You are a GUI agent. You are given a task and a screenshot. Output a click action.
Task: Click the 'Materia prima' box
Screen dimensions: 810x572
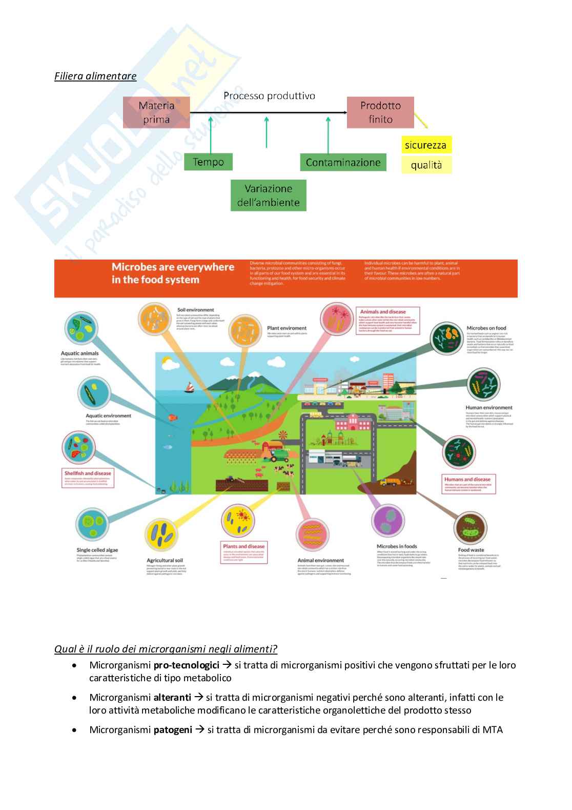[156, 112]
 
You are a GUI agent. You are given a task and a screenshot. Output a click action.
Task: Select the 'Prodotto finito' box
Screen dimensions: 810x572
[380, 112]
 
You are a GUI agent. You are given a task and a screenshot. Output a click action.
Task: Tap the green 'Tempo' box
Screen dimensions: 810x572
[208, 162]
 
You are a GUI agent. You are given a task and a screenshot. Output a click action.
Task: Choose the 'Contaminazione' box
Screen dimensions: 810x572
[343, 163]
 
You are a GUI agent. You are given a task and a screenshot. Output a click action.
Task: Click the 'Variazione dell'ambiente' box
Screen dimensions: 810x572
[269, 195]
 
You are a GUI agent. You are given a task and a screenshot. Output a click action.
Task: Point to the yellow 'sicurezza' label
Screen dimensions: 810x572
[425, 145]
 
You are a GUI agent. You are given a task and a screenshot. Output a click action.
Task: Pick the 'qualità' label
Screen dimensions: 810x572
[426, 165]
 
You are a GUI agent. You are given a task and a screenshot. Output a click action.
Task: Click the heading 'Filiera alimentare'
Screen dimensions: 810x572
[95, 76]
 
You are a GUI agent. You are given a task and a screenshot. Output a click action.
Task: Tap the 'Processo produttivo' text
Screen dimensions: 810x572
[269, 96]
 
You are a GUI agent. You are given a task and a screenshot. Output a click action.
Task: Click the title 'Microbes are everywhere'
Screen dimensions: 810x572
[173, 267]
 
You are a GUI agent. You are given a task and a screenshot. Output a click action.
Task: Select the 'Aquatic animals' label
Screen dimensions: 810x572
[79, 353]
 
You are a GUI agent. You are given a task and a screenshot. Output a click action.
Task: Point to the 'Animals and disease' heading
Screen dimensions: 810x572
[383, 312]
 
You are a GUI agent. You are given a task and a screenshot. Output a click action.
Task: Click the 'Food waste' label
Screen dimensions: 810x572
[471, 550]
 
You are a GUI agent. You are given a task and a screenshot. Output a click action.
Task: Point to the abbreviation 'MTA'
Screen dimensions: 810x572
[493, 729]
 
